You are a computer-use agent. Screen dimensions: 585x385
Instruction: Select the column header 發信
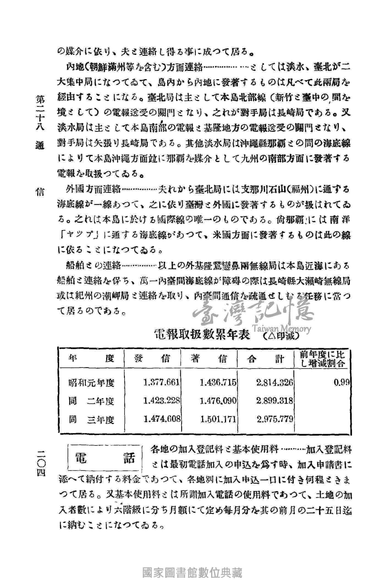pyautogui.click(x=152, y=359)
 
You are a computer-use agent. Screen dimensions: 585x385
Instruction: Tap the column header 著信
pyautogui.click(x=209, y=359)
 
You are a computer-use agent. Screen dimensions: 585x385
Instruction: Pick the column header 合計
pyautogui.click(x=265, y=359)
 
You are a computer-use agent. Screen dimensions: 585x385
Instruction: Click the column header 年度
pyautogui.click(x=91, y=359)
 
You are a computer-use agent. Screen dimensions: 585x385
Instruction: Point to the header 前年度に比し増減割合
pyautogui.click(x=323, y=359)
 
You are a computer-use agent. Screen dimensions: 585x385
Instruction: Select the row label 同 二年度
pyautogui.click(x=91, y=401)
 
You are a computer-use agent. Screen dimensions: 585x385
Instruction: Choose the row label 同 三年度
pyautogui.click(x=91, y=420)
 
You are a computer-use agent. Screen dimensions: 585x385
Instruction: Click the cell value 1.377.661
pyautogui.click(x=162, y=382)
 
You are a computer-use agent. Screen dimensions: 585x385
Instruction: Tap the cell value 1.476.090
pyautogui.click(x=218, y=401)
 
